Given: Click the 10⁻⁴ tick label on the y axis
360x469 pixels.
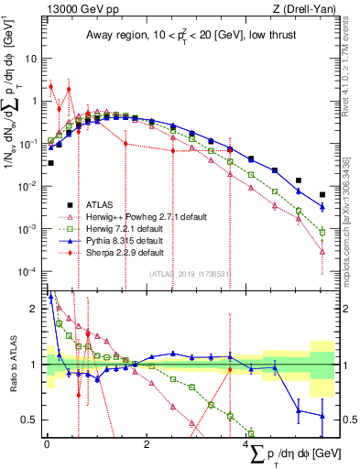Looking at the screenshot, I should point(27,272).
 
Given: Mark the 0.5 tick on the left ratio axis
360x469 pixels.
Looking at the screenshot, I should point(30,420).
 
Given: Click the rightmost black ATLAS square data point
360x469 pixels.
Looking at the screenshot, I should point(322,194).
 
